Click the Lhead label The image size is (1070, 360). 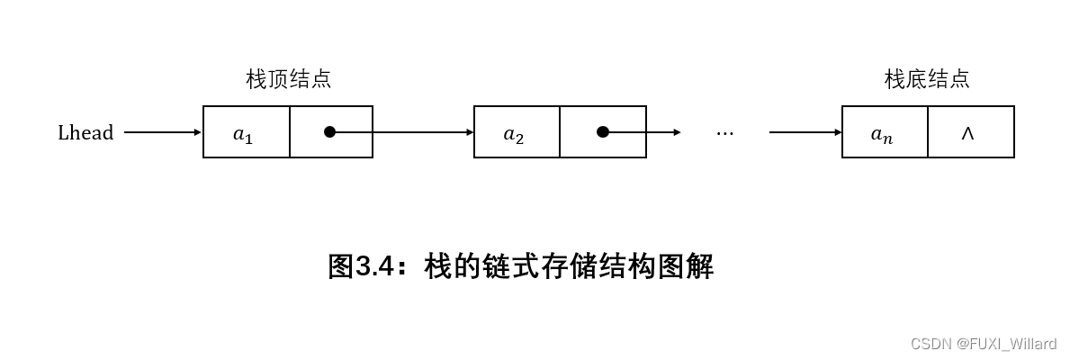(x=85, y=133)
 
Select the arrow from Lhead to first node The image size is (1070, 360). (x=162, y=132)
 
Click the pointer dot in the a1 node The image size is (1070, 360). (x=329, y=132)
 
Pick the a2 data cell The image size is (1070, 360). (x=515, y=133)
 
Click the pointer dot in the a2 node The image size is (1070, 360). (x=602, y=132)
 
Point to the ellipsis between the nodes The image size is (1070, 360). (x=724, y=133)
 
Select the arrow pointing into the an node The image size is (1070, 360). (x=805, y=132)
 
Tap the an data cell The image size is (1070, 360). (x=883, y=133)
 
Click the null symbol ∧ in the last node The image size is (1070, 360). (x=967, y=133)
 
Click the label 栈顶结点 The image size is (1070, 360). (x=288, y=79)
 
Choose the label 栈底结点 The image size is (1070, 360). (x=927, y=79)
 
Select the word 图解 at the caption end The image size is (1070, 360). (x=686, y=266)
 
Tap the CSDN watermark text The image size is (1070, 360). (x=931, y=344)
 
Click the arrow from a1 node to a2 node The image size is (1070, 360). (x=405, y=132)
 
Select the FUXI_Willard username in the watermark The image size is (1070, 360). (x=1012, y=344)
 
